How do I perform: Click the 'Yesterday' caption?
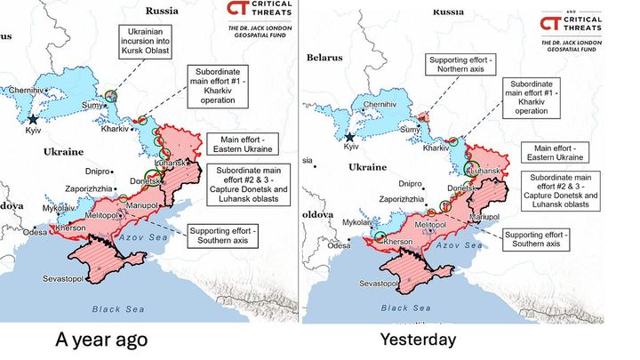tap(417, 340)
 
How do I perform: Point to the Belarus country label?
tap(324, 57)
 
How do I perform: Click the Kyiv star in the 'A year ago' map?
tap(34, 119)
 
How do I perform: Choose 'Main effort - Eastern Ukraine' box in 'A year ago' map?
tap(238, 144)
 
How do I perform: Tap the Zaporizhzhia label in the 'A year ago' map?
tap(87, 189)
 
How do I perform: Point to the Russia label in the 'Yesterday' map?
tap(450, 12)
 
